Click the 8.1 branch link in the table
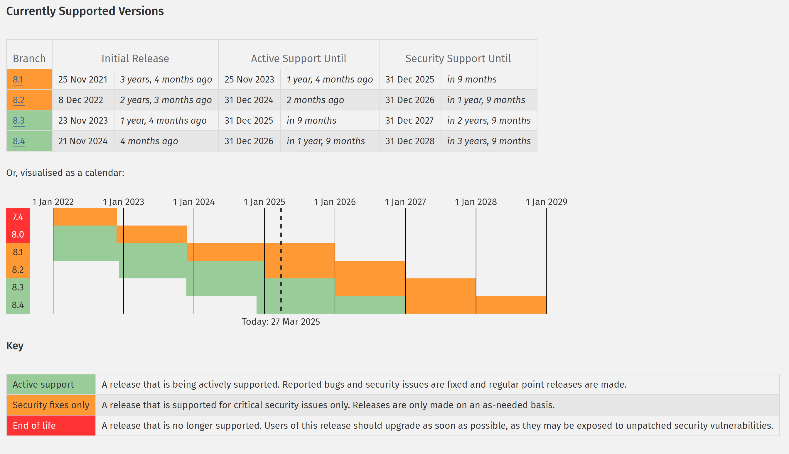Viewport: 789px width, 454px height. click(18, 80)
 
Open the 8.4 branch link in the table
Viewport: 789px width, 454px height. click(19, 141)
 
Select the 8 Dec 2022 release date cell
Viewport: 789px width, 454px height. click(81, 100)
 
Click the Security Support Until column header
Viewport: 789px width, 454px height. click(458, 59)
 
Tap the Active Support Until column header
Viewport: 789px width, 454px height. click(299, 59)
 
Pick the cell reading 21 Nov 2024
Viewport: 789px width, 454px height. click(83, 141)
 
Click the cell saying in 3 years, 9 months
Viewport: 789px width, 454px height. click(489, 141)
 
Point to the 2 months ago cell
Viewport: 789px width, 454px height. click(315, 100)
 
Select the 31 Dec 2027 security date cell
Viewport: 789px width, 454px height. click(409, 121)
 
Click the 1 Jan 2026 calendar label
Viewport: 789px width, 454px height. click(335, 202)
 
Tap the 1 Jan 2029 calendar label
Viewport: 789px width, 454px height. click(546, 202)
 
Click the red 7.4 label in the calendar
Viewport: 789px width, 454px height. click(18, 217)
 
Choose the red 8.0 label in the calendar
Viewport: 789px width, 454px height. click(18, 234)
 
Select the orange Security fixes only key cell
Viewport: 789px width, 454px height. click(51, 405)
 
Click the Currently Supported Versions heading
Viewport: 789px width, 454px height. click(85, 11)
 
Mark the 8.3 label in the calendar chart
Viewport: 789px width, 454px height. click(18, 287)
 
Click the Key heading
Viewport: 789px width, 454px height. click(15, 346)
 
